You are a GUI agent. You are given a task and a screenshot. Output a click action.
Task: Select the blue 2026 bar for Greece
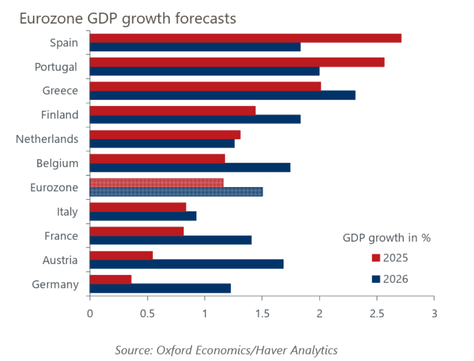point(222,95)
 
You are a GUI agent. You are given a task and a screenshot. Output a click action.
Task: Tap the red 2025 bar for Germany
point(111,279)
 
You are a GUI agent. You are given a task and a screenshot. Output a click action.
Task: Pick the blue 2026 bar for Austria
point(186,264)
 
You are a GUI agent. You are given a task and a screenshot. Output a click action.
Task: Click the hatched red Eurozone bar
point(156,183)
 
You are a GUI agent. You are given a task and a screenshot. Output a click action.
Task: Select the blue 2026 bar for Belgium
point(190,167)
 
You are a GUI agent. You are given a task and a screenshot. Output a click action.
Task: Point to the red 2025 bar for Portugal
point(237,62)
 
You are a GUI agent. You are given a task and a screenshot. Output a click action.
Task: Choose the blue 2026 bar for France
point(170,240)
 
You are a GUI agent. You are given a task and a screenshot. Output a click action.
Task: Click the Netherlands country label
point(47,139)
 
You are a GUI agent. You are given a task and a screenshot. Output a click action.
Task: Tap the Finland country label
point(60,115)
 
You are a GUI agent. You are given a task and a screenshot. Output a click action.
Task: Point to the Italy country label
point(67,212)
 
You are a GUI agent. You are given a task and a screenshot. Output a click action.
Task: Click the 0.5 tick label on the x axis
point(147,314)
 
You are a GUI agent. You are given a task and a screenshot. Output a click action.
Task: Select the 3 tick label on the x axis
point(434,314)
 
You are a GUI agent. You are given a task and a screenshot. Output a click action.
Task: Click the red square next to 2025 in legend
point(376,258)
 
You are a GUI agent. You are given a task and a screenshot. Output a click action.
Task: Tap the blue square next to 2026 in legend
point(376,279)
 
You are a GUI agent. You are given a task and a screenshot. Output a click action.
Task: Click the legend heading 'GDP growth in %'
point(387,238)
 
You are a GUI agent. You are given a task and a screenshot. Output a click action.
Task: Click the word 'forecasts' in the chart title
point(205,19)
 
